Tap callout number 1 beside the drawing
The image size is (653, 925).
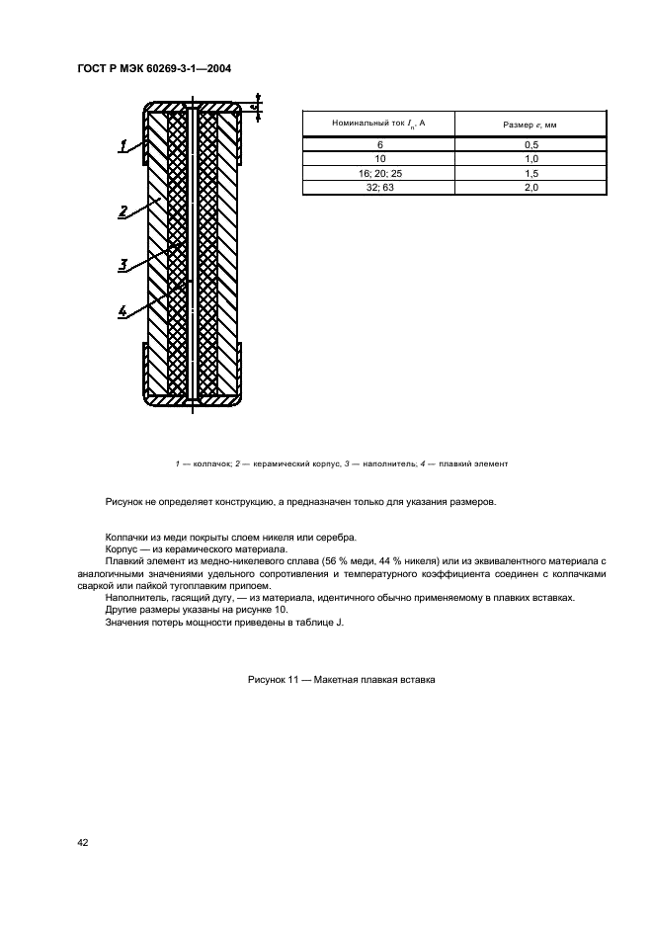pyautogui.click(x=123, y=146)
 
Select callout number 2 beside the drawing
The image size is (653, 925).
pyautogui.click(x=122, y=210)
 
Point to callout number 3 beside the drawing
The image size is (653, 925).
pyautogui.click(x=122, y=264)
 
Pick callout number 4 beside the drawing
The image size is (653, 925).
pyautogui.click(x=122, y=311)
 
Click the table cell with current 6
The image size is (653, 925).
pyautogui.click(x=379, y=144)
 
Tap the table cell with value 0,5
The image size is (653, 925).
pyautogui.click(x=530, y=144)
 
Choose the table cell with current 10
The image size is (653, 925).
pyautogui.click(x=379, y=158)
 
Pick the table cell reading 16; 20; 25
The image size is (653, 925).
pyautogui.click(x=379, y=172)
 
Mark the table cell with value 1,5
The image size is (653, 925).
pyautogui.click(x=530, y=172)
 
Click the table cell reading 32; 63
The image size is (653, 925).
pyautogui.click(x=379, y=186)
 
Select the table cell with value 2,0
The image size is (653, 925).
pyautogui.click(x=530, y=186)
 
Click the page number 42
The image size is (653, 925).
pyautogui.click(x=83, y=842)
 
